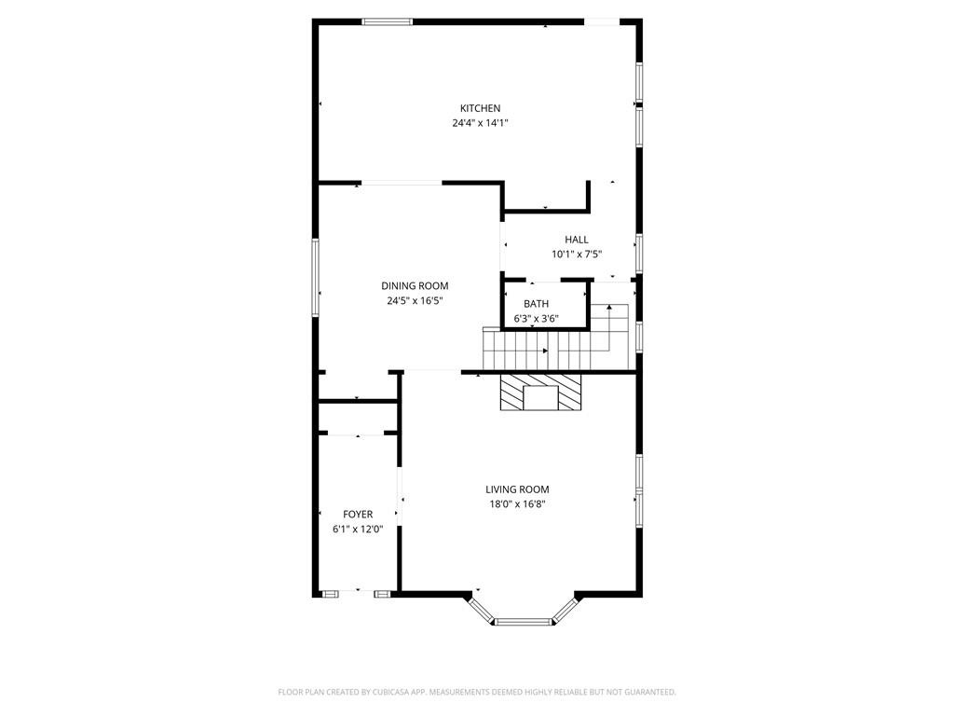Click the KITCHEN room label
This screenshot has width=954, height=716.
tap(480, 108)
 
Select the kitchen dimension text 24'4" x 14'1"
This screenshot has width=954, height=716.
tap(480, 123)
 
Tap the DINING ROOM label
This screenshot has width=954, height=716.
tap(415, 286)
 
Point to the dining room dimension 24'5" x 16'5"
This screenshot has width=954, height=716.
tap(415, 301)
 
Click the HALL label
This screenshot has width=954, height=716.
tap(576, 240)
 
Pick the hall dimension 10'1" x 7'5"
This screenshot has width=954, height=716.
tap(576, 255)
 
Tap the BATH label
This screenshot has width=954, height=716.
tap(536, 304)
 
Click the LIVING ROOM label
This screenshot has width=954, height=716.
tap(517, 489)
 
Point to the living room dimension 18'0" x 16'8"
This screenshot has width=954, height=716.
tap(517, 504)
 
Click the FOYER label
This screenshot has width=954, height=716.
tap(358, 515)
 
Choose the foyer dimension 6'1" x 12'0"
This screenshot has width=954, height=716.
tap(358, 530)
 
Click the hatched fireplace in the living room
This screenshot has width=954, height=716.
tap(540, 392)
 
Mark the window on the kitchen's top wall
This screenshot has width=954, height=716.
tap(388, 21)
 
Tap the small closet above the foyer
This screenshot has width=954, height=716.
tap(358, 418)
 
